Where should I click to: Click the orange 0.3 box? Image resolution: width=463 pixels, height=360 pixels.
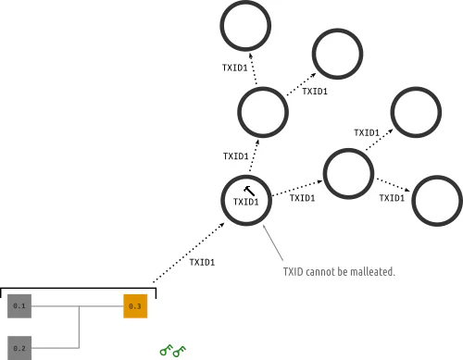(x=135, y=306)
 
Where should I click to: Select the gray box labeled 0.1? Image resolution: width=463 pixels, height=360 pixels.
(x=19, y=306)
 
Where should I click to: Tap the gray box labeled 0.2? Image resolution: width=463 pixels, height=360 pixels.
(x=19, y=348)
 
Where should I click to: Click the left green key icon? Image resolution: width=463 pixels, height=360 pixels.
(x=166, y=350)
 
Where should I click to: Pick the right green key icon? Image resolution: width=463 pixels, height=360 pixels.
(x=180, y=351)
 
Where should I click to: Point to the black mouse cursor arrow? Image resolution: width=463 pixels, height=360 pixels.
(x=249, y=191)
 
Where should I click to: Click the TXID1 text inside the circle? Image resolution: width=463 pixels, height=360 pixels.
(x=245, y=202)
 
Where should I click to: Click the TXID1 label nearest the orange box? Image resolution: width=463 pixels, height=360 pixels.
(x=202, y=262)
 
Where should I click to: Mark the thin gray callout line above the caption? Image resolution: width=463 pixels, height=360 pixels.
(x=273, y=242)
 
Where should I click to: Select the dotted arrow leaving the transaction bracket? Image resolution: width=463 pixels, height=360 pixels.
(x=189, y=253)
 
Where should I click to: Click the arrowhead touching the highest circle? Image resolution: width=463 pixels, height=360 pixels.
(x=251, y=56)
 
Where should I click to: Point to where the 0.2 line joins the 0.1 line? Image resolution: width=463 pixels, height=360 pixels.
(x=79, y=306)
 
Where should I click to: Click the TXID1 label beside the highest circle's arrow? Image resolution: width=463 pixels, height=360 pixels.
(x=235, y=68)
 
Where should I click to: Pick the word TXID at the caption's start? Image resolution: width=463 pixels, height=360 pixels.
(x=293, y=272)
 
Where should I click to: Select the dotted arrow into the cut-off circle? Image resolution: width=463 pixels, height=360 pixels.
(x=393, y=185)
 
